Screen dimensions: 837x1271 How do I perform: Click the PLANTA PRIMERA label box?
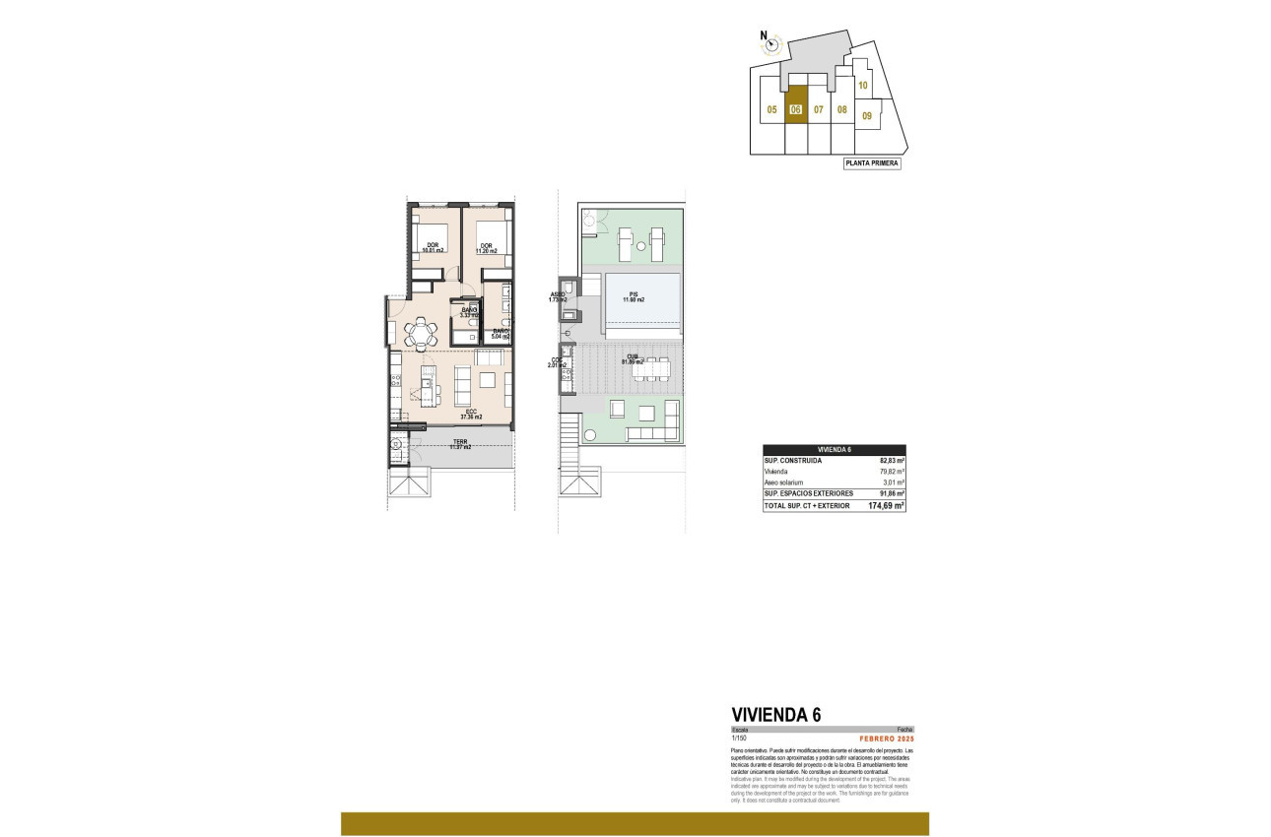(872, 163)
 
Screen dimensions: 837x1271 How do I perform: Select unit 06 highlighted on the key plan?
(796, 110)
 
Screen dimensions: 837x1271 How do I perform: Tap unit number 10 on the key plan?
(862, 86)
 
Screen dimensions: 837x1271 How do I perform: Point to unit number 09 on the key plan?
(867, 116)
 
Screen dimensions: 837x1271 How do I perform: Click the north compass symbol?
(770, 44)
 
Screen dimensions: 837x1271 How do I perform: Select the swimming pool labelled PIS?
(642, 297)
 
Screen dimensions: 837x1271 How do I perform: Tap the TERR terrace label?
(460, 444)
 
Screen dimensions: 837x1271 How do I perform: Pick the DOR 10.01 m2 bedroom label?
(433, 247)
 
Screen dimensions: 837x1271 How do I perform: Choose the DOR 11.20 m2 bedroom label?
(487, 247)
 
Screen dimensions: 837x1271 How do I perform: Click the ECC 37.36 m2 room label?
(472, 414)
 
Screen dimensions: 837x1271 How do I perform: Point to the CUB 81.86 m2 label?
(633, 359)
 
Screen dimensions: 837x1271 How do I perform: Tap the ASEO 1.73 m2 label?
(559, 296)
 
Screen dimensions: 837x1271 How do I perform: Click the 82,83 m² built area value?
(892, 460)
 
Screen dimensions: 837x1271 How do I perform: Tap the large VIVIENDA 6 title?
(776, 715)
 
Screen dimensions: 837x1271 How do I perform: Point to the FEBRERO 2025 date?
(887, 738)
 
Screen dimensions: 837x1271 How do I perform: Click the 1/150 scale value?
(740, 738)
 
